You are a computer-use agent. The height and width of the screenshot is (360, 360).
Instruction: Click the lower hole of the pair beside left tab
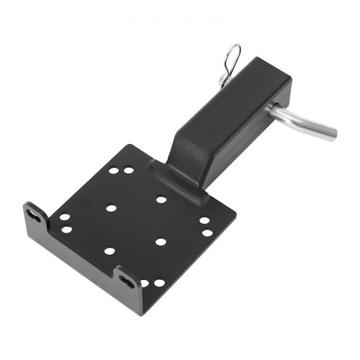[x=67, y=230]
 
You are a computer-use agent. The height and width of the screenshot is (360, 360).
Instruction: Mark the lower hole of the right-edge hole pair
[x=207, y=233]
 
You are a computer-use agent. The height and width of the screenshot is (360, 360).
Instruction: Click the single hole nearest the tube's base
[x=161, y=199]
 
